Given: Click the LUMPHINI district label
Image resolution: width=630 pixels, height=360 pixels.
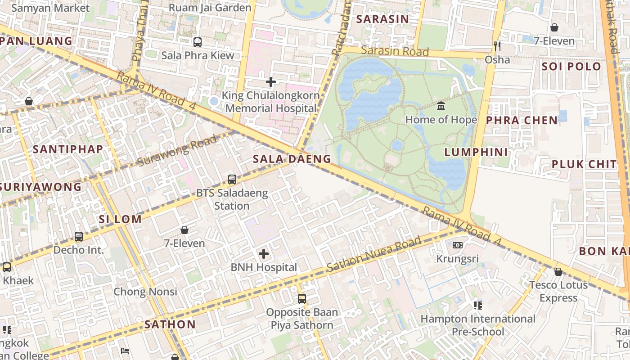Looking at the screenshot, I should click(x=476, y=152).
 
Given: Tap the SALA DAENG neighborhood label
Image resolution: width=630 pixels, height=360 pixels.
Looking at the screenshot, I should click(x=292, y=159).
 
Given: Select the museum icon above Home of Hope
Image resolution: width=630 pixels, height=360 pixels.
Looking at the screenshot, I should click(x=441, y=106).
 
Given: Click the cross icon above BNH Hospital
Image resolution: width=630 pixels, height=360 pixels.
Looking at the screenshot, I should click(x=264, y=254).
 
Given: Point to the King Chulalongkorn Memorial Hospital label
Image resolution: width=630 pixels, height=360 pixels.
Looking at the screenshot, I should click(x=271, y=102).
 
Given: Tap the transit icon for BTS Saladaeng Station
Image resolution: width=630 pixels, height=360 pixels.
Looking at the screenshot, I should click(x=232, y=180).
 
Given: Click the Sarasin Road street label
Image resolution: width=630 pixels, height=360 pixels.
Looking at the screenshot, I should click(x=395, y=51).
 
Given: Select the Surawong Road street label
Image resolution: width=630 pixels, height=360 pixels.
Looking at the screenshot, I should click(x=176, y=151).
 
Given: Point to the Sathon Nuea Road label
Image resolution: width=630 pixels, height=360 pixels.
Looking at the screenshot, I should click(x=374, y=254).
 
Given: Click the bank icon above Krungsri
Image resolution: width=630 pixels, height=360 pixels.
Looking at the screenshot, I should click(x=458, y=245).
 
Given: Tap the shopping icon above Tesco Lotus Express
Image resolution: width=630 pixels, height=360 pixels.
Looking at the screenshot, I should click(x=558, y=272).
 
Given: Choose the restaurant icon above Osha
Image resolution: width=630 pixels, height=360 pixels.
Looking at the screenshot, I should click(x=497, y=46).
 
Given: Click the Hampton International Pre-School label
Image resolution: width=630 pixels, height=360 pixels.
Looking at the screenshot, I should click(x=478, y=325).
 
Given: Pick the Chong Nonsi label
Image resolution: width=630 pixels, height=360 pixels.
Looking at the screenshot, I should click(x=145, y=292).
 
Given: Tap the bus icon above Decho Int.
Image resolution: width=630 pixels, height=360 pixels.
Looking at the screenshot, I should click(x=79, y=236).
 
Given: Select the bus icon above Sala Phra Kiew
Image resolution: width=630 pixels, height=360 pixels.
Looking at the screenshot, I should click(x=198, y=42).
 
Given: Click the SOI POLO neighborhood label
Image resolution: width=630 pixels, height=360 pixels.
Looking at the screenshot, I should click(x=571, y=67).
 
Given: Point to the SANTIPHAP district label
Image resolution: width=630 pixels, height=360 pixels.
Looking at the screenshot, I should click(x=68, y=149).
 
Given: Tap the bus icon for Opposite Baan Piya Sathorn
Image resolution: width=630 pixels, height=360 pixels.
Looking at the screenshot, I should click(x=302, y=298).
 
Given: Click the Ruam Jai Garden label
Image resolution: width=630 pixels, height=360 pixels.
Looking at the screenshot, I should click(x=210, y=8).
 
